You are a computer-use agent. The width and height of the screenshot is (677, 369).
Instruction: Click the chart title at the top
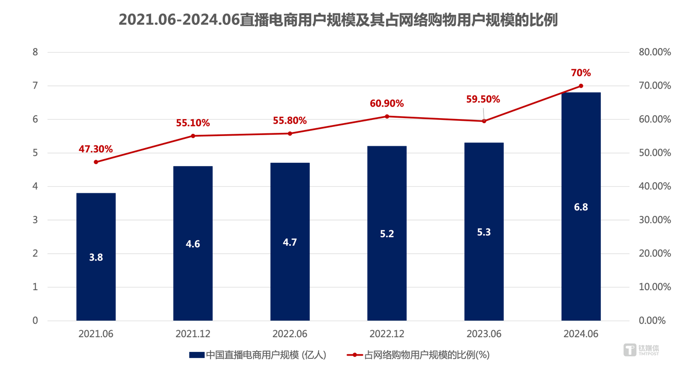(x=338, y=20)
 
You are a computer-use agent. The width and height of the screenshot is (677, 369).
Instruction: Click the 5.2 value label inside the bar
(x=387, y=234)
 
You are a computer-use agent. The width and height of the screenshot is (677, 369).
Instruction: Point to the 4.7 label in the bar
(x=290, y=243)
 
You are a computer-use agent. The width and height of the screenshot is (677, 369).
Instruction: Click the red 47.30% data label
(x=96, y=149)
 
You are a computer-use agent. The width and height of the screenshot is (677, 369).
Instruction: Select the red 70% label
(x=580, y=73)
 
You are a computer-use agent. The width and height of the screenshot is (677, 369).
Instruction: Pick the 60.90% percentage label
(x=387, y=104)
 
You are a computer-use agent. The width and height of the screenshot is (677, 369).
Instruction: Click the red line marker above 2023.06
(x=484, y=121)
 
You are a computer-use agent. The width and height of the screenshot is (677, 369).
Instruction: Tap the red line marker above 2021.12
(x=193, y=136)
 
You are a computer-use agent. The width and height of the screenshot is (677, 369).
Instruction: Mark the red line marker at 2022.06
(x=290, y=133)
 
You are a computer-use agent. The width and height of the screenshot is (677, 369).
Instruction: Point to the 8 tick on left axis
(x=35, y=52)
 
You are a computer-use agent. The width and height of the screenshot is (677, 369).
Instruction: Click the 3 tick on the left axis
(x=35, y=220)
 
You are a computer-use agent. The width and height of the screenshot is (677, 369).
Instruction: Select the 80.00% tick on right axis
(x=654, y=52)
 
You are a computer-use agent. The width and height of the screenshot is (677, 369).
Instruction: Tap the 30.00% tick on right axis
(x=654, y=220)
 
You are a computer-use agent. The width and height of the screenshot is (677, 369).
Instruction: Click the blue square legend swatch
(x=197, y=355)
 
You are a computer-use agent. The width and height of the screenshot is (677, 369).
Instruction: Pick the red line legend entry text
(x=427, y=355)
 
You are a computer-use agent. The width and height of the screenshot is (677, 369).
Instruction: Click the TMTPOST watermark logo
(x=641, y=349)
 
